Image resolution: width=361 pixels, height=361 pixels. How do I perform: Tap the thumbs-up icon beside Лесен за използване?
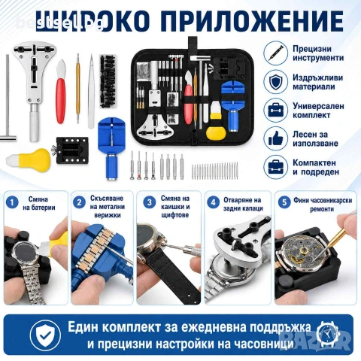point(275,138)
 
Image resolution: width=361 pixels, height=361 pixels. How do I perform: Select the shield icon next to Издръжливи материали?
point(275,82)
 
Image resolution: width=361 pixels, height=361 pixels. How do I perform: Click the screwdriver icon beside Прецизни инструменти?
point(275,53)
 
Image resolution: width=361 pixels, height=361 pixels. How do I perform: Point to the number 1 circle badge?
point(12,202)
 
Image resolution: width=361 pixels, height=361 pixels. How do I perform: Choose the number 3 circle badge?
point(150,202)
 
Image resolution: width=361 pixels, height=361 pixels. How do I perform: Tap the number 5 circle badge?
point(284,202)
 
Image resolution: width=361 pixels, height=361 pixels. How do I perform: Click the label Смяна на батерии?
point(38,203)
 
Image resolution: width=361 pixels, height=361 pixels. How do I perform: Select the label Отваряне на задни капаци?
point(243,204)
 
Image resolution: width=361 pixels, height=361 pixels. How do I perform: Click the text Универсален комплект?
point(318,111)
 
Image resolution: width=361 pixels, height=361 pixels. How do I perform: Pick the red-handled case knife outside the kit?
point(60,92)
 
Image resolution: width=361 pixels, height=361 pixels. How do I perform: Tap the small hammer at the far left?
point(8,99)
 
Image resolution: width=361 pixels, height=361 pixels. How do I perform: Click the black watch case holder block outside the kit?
point(71,150)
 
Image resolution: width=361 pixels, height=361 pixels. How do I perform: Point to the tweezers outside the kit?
point(91,92)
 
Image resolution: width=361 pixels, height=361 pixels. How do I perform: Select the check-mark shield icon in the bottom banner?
point(45,335)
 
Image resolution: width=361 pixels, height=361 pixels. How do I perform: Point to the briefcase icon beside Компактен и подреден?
point(275,167)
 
